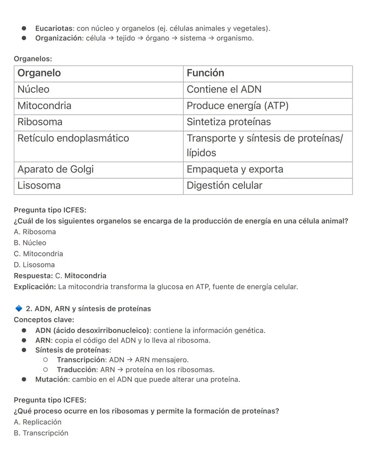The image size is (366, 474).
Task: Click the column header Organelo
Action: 39,73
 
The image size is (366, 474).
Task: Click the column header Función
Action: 205,73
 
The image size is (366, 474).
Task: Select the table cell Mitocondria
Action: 44,106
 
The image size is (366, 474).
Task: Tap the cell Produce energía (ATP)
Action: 238,106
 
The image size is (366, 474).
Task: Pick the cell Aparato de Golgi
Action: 56,169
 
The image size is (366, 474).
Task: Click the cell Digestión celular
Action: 224,185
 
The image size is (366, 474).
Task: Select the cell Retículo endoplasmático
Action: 73,138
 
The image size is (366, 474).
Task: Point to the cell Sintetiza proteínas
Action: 229,122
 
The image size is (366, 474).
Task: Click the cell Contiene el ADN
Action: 224,89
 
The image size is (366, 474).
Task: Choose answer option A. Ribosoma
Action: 35,232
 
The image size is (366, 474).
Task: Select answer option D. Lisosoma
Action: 34,265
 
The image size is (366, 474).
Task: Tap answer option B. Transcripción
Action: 41,433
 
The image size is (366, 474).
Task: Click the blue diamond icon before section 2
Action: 19,308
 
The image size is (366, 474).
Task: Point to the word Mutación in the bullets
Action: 52,379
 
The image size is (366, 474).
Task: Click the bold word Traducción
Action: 77,369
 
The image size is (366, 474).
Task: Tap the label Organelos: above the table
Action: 33,59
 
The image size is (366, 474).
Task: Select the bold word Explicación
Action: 35,287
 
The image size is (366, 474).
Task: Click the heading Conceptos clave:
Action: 44,320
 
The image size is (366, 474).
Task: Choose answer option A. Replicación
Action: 38,422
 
